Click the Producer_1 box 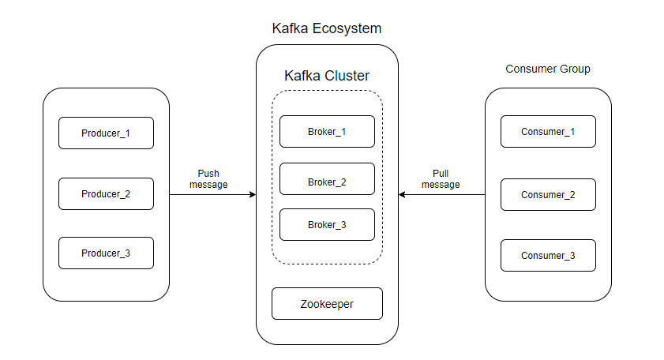[106, 133]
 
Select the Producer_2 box [106, 193]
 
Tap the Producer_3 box [106, 253]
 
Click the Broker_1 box [327, 131]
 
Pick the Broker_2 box [327, 182]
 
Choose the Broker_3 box [327, 224]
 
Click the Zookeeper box [327, 303]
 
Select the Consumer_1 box [548, 131]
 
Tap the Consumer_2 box [548, 194]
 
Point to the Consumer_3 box [548, 255]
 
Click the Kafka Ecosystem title [327, 28]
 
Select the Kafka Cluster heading [327, 76]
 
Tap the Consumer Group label [548, 69]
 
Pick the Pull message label [441, 178]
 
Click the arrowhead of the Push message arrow [253, 194]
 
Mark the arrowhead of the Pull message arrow [402, 194]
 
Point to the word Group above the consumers [575, 69]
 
